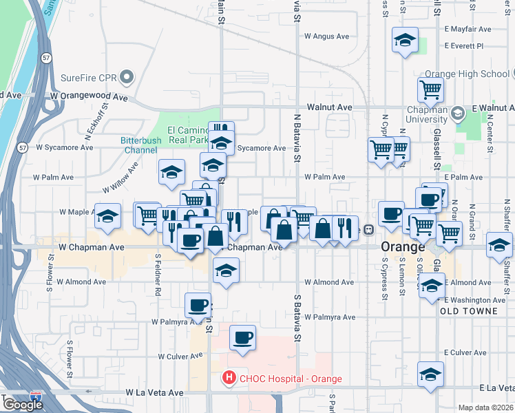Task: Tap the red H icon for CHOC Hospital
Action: (x=228, y=378)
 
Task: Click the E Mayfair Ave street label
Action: (x=467, y=29)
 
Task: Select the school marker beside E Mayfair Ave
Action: (x=406, y=41)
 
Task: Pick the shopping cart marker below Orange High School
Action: (x=430, y=89)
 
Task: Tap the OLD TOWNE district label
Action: (x=468, y=311)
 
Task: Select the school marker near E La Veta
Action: (x=430, y=374)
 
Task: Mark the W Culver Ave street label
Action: (x=180, y=357)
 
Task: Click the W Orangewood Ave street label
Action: (x=89, y=98)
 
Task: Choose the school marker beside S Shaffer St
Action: (x=499, y=246)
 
